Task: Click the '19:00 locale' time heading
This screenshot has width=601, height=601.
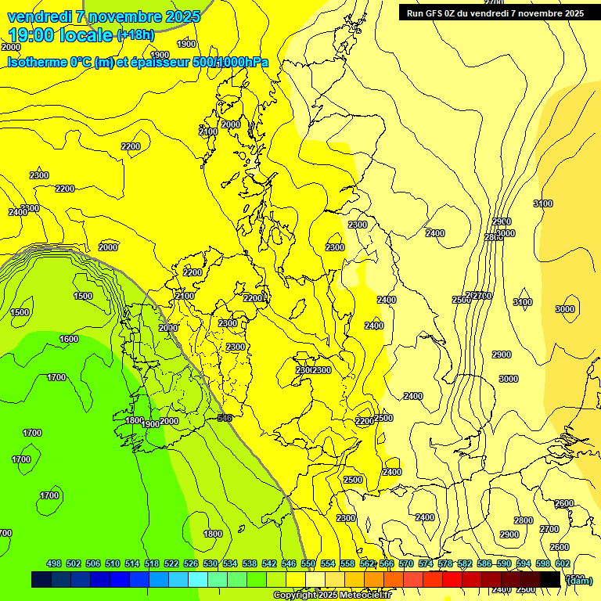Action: coord(60,35)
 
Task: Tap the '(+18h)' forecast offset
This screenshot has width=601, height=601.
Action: coord(136,35)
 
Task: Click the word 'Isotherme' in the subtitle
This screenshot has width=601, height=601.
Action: coord(37,62)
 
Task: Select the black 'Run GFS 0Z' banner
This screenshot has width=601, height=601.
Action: coord(495,13)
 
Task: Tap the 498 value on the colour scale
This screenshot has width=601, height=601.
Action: coord(54,564)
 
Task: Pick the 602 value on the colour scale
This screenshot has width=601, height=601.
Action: coord(562,564)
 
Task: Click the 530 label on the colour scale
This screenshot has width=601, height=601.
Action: coord(211,564)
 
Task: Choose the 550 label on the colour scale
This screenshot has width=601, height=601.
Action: coord(308,564)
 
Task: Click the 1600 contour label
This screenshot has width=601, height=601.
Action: coord(69,339)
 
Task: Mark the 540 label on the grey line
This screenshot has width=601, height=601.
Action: coord(225,418)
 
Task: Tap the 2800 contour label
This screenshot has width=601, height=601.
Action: coord(524,520)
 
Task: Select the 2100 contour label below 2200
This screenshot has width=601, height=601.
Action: coord(185,297)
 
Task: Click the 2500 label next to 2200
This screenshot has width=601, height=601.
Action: coord(383,419)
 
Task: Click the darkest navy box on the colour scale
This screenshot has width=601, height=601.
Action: coord(41,580)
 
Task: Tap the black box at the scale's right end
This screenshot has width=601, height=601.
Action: coord(550,580)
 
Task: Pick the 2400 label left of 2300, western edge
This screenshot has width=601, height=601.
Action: coord(17,213)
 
